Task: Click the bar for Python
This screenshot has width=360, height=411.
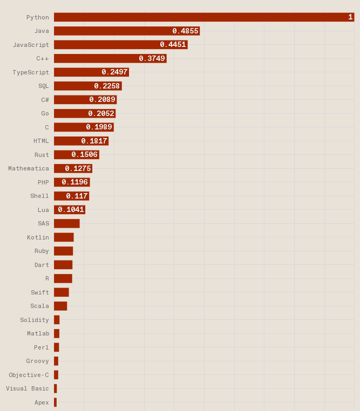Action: pos(204,17)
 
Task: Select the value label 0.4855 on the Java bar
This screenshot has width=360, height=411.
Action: pos(185,31)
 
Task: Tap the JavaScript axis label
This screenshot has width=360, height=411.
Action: pos(31,45)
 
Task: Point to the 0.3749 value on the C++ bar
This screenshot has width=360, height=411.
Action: pos(152,59)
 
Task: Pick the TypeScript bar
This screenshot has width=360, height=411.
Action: pos(91,72)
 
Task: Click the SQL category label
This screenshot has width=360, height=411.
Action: pos(43,86)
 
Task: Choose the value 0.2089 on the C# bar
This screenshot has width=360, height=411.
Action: pos(102,100)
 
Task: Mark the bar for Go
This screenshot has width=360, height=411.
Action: pos(85,113)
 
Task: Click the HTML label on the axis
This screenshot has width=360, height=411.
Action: pos(41,141)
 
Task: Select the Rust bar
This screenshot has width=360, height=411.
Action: pos(76,155)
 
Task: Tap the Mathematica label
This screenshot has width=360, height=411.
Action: pos(28,168)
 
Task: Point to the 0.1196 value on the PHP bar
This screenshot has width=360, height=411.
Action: pos(74,182)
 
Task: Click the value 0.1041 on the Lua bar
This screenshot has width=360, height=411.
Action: pos(71,210)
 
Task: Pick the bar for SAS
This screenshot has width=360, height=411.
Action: pos(66,223)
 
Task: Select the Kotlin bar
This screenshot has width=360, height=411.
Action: pos(64,237)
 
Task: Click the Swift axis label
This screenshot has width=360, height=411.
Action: pos(39,292)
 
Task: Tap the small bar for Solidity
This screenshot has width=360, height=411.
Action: pos(57,320)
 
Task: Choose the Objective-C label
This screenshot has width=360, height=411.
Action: pos(29,375)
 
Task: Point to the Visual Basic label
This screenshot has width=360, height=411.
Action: pos(27,388)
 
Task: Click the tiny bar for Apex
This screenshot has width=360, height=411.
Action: pos(55,402)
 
